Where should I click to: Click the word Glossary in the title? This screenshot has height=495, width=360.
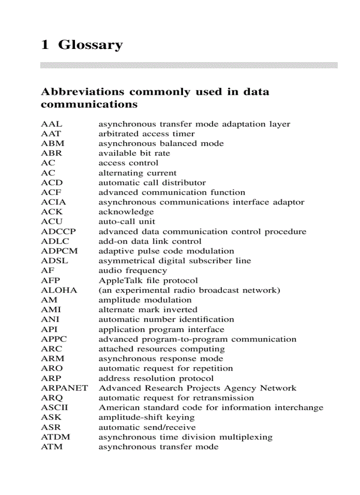pyautogui.click(x=90, y=45)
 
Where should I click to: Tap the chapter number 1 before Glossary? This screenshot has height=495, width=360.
pyautogui.click(x=44, y=45)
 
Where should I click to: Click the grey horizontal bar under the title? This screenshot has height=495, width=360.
pyautogui.click(x=189, y=65)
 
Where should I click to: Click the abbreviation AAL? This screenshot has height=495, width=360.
pyautogui.click(x=52, y=124)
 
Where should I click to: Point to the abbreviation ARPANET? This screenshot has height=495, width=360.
pyautogui.click(x=64, y=388)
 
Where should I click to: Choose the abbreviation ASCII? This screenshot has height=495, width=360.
pyautogui.click(x=55, y=408)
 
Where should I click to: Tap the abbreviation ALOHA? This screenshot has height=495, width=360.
pyautogui.click(x=59, y=290)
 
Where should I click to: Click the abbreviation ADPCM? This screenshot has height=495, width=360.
pyautogui.click(x=59, y=251)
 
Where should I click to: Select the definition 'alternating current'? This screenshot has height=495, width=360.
pyautogui.click(x=137, y=173)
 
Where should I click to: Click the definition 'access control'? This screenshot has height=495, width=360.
pyautogui.click(x=128, y=163)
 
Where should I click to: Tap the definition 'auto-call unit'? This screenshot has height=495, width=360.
pyautogui.click(x=127, y=222)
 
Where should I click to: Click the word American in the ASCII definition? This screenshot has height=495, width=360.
pyautogui.click(x=116, y=408)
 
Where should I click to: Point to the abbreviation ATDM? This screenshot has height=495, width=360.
pyautogui.click(x=56, y=437)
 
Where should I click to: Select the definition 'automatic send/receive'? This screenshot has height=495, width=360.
pyautogui.click(x=147, y=427)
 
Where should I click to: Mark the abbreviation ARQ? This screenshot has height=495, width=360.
pyautogui.click(x=52, y=398)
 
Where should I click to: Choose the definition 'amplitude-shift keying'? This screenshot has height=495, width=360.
pyautogui.click(x=146, y=417)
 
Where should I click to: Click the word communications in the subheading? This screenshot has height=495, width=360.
pyautogui.click(x=89, y=105)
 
